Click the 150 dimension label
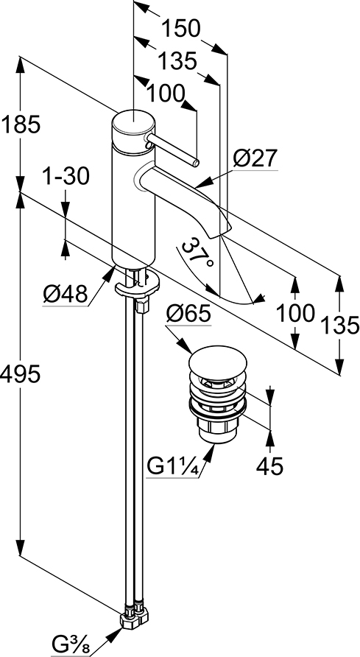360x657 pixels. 181,29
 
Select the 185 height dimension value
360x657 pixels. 20,124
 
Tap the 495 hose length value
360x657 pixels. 20,373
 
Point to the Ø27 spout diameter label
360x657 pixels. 255,159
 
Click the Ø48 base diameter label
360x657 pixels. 66,295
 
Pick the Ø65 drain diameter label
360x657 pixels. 188,314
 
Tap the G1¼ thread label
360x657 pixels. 172,466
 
